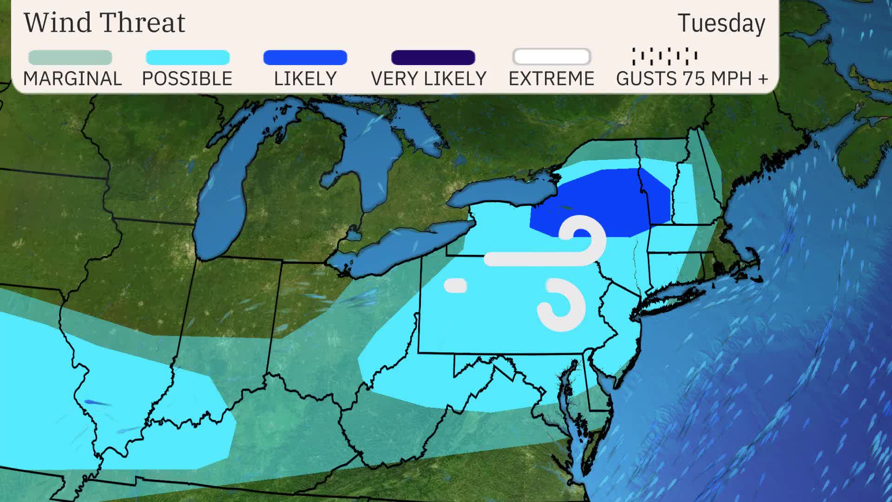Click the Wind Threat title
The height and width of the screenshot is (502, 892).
pos(105,22)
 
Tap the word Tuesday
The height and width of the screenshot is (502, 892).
pos(721,23)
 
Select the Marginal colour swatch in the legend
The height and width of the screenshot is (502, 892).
pos(70,58)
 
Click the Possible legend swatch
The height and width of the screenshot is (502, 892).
pos(188,58)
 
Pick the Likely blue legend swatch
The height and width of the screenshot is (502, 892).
pos(305,58)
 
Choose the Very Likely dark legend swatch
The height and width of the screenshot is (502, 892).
pos(433,58)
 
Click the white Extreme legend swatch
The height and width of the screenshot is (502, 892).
pos(551,57)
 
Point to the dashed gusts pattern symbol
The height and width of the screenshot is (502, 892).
pos(664,56)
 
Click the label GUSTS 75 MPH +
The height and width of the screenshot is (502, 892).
pos(692,79)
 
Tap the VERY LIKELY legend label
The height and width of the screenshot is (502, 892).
pos(428,79)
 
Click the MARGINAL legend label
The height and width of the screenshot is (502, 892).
pos(72,79)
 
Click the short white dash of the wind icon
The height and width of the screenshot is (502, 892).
pos(455,285)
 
